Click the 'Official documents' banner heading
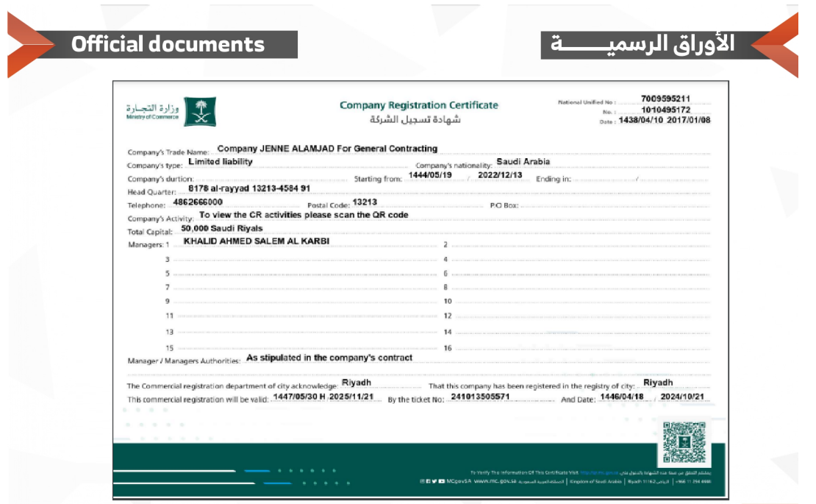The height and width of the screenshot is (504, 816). (x=168, y=44)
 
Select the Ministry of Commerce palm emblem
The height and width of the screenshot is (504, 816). (x=200, y=111)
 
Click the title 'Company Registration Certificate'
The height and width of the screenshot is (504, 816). (x=418, y=105)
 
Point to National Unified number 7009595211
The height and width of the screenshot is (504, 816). (x=665, y=99)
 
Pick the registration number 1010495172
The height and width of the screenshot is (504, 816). (x=665, y=110)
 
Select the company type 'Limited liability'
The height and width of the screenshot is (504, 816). (x=221, y=162)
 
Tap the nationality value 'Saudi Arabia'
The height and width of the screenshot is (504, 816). (x=523, y=162)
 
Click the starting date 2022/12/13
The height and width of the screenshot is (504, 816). (x=500, y=176)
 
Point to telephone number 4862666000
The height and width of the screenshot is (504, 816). (x=198, y=202)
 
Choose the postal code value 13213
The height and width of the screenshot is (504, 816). (x=365, y=202)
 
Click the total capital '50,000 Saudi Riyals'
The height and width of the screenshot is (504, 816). (x=221, y=229)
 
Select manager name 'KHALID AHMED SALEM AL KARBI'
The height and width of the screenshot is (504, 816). (x=256, y=241)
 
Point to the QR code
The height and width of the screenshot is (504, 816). (x=684, y=442)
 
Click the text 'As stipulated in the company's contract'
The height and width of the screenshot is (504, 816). (x=329, y=358)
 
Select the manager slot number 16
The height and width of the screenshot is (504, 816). (x=447, y=348)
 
